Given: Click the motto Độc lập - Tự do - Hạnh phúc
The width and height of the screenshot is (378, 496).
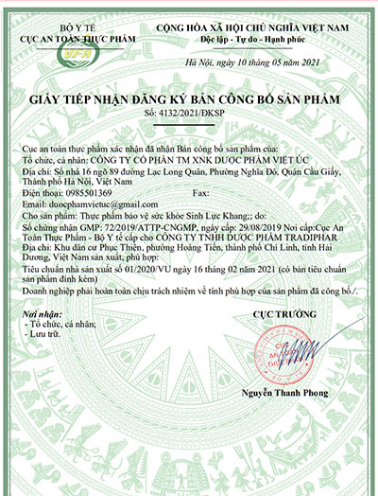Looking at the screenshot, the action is [x=251, y=43].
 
